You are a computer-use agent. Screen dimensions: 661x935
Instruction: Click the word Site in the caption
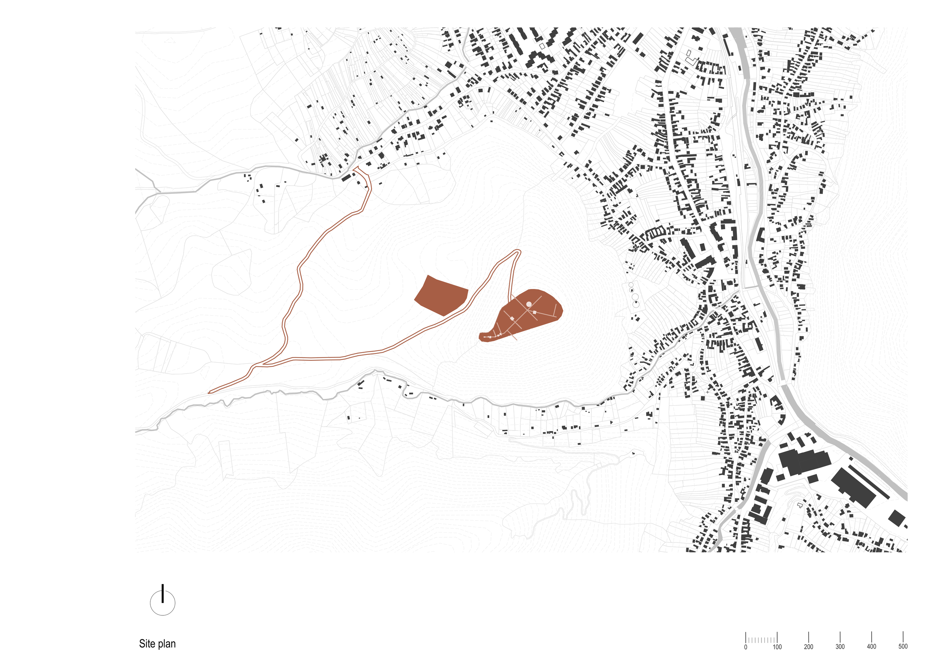(147, 643)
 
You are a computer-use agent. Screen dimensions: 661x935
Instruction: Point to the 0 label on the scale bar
(746, 647)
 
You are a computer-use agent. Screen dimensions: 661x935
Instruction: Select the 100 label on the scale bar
(777, 647)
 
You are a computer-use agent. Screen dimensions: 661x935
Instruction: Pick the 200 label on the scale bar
(808, 647)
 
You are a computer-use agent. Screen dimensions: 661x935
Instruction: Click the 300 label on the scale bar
(840, 647)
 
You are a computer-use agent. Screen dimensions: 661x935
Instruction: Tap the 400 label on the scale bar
(871, 647)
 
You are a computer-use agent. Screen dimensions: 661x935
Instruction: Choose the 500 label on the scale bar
(903, 647)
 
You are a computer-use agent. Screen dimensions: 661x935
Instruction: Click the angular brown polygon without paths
(441, 295)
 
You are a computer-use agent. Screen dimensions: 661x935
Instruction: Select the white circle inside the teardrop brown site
(528, 304)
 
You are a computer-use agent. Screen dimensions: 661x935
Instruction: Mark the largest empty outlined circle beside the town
(636, 304)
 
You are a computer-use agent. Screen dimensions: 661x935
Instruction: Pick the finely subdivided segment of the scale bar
(761, 640)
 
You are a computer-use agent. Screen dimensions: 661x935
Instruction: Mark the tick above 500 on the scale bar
(903, 637)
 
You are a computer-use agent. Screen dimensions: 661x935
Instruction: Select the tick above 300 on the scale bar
(840, 637)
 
